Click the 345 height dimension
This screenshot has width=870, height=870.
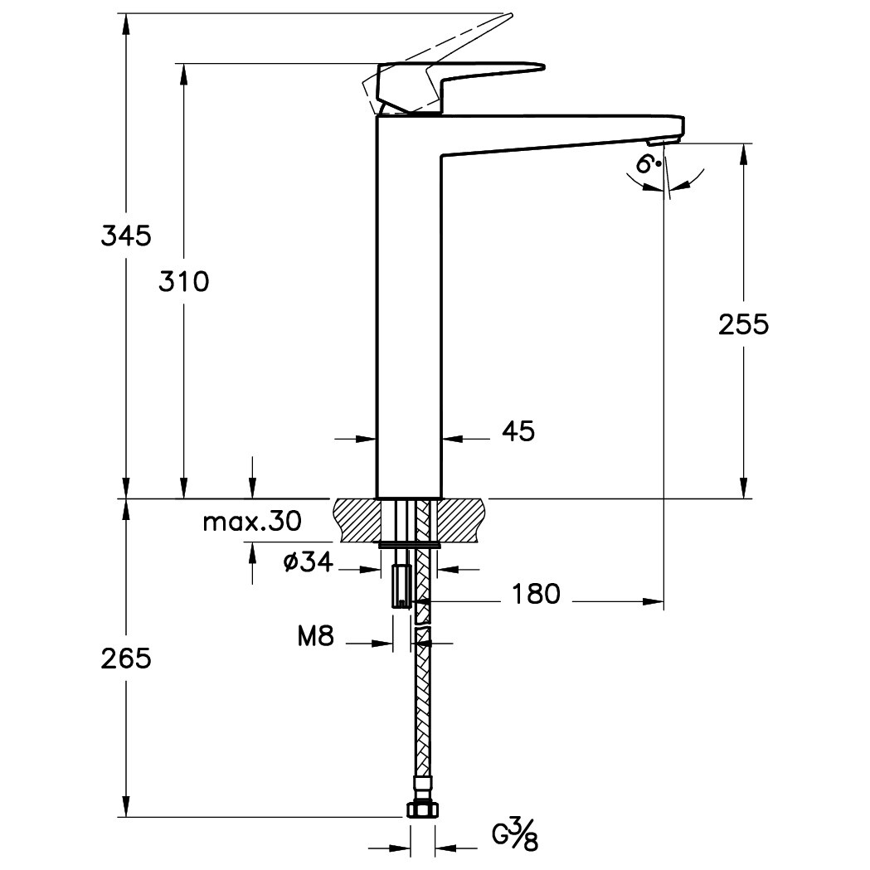click(126, 236)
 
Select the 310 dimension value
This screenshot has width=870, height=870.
click(184, 282)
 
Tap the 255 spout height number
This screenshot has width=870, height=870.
click(744, 325)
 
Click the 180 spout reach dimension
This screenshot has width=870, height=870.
click(536, 594)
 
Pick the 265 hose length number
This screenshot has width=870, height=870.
click(126, 659)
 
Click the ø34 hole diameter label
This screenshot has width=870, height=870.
click(308, 563)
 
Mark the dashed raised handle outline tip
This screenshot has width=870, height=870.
click(508, 17)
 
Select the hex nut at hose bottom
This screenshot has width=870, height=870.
click(421, 809)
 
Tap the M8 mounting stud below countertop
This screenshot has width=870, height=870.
click(401, 586)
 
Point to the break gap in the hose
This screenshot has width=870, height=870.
click(422, 627)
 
